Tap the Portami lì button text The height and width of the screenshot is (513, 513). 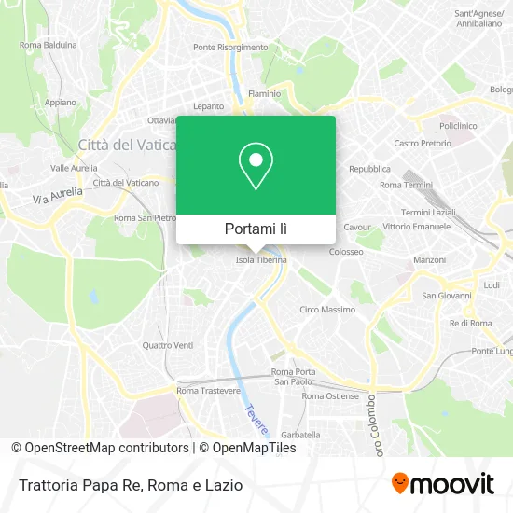[x=256, y=229]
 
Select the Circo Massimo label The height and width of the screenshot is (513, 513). [x=326, y=309]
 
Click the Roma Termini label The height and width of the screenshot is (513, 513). [x=404, y=185]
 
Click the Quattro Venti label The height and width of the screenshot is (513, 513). [x=168, y=345]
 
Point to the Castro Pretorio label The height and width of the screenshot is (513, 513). [x=423, y=143]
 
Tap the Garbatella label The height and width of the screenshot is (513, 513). [x=300, y=435]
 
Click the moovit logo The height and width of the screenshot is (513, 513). [x=442, y=483]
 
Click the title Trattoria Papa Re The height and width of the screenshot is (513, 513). [x=76, y=485]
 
